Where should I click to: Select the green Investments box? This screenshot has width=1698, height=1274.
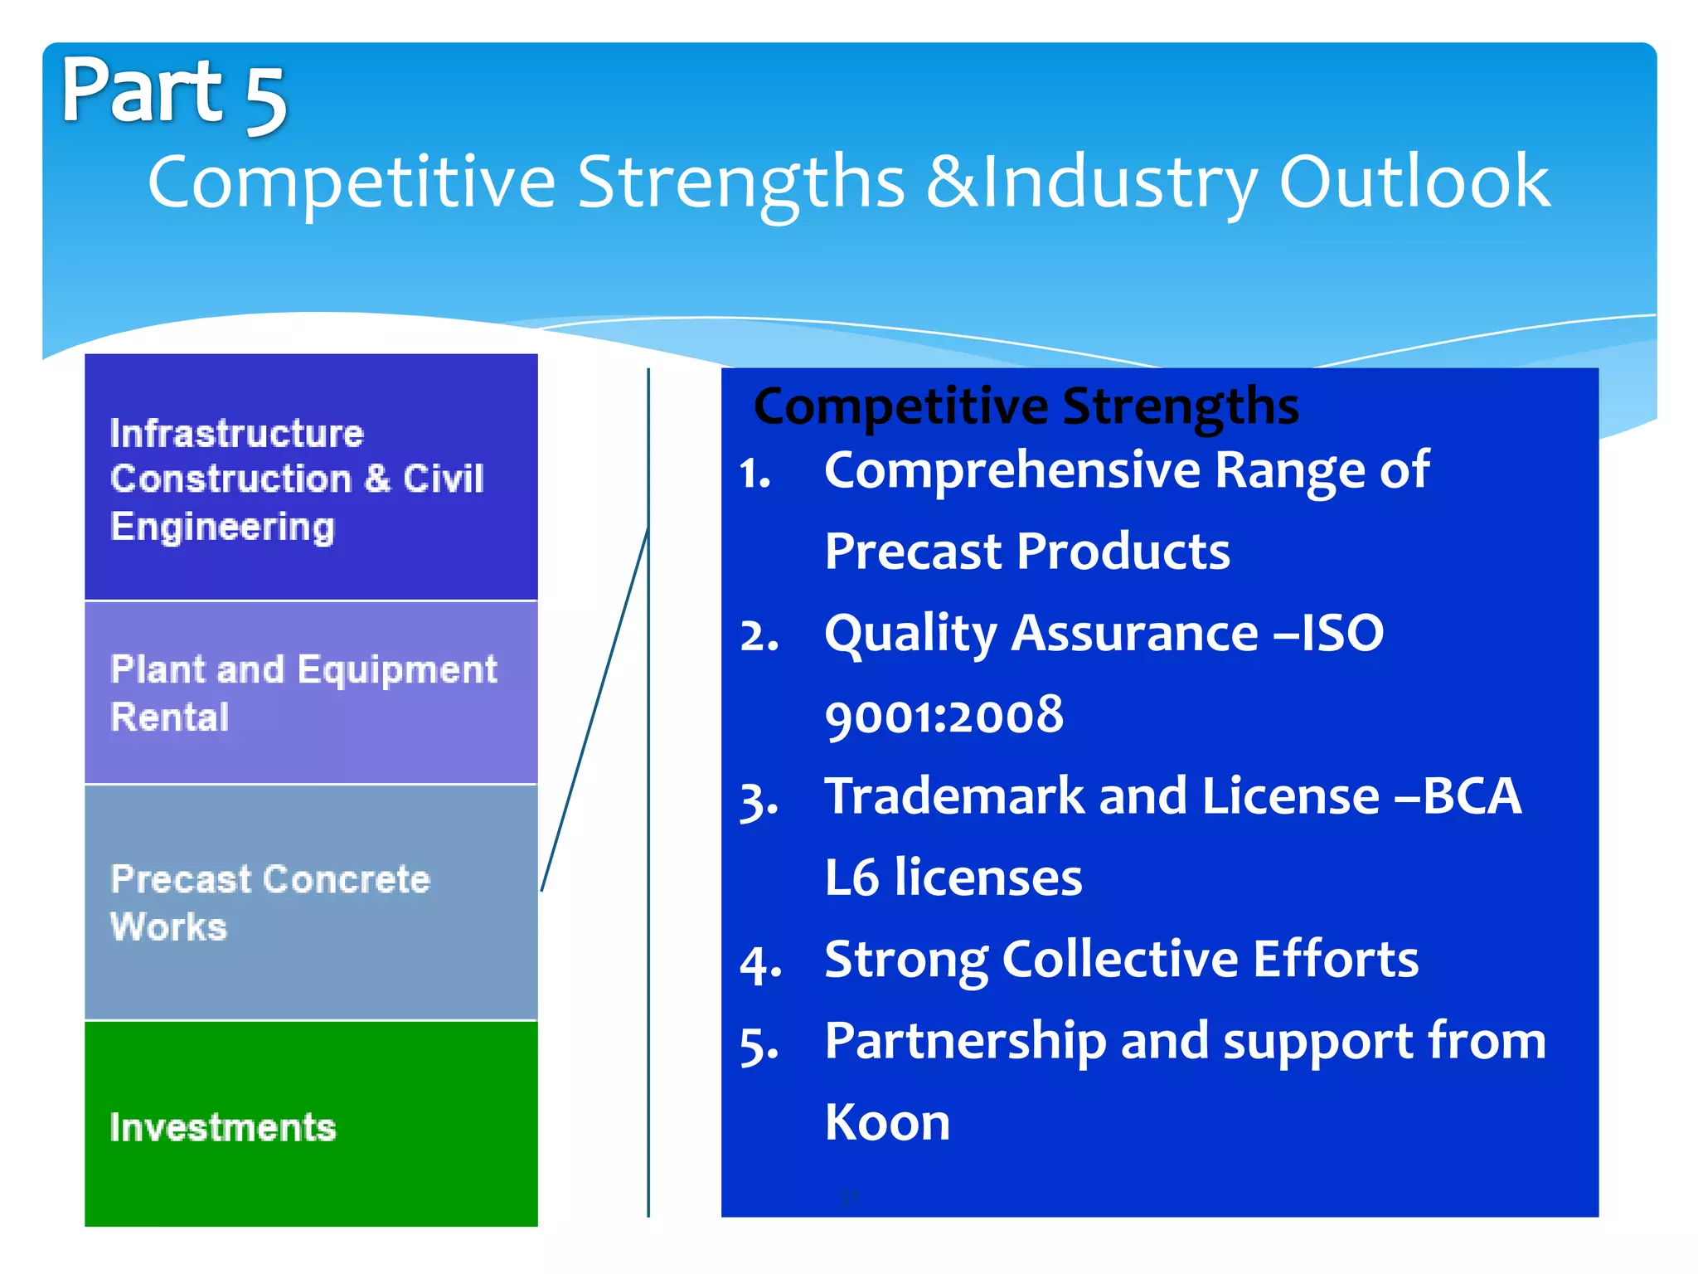tap(311, 1124)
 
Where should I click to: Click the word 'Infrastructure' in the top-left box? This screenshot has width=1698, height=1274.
tap(237, 434)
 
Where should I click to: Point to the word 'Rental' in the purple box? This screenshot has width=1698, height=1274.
tap(170, 717)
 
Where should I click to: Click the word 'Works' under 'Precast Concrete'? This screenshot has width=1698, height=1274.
tap(169, 926)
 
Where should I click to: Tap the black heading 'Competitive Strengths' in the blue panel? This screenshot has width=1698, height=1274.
tap(1026, 406)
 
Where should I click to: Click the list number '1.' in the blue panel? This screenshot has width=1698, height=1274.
tap(755, 474)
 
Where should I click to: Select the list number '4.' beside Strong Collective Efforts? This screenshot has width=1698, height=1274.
tap(760, 965)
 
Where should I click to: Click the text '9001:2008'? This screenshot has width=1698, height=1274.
tap(944, 716)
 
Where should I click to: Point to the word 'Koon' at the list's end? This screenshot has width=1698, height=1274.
tap(887, 1122)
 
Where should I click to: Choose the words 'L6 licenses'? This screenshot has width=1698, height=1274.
tap(953, 878)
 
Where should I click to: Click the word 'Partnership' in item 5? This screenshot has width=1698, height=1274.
tap(966, 1041)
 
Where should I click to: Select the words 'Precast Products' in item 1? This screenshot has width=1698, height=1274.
tap(1027, 552)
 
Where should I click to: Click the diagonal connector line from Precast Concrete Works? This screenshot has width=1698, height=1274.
tap(595, 709)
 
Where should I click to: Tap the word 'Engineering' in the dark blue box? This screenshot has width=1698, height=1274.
tap(222, 528)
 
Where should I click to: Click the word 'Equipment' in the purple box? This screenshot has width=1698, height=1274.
tap(397, 670)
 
